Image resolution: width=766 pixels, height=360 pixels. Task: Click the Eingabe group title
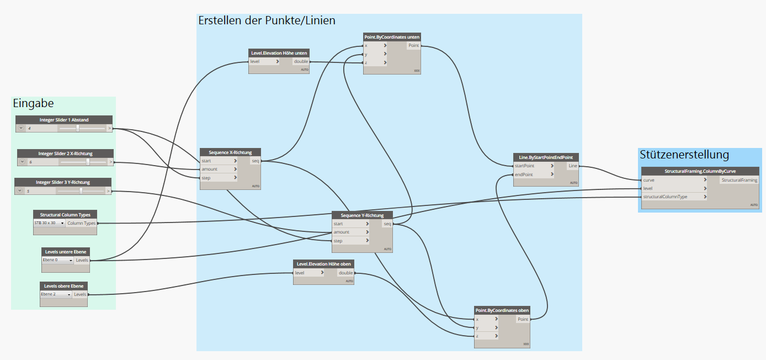(x=33, y=103)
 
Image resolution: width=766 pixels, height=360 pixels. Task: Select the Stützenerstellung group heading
(x=684, y=155)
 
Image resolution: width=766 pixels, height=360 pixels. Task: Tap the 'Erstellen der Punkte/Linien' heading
(x=267, y=20)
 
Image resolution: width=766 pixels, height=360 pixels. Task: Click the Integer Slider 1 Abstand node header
(x=64, y=120)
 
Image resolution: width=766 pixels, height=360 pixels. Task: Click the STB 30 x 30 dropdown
(x=49, y=223)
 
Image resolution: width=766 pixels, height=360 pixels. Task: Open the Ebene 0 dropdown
(x=57, y=260)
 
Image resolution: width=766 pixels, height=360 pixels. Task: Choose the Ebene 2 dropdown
(x=56, y=294)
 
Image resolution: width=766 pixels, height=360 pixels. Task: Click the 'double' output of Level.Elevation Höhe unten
(x=301, y=61)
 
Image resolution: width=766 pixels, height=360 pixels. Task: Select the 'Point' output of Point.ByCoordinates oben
(x=523, y=319)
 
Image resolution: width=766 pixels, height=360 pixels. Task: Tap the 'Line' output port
(x=573, y=166)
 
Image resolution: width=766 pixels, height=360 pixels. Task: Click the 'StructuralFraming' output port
(x=739, y=180)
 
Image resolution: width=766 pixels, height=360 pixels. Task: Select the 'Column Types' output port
(x=82, y=223)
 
